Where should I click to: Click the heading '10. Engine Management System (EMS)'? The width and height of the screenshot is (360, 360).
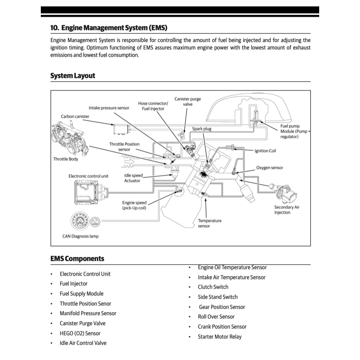click(x=109, y=28)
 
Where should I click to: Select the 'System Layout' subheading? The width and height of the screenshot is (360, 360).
click(x=73, y=76)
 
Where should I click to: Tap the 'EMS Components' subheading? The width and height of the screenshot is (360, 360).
click(x=77, y=259)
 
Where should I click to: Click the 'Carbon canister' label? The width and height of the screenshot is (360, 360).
click(x=75, y=117)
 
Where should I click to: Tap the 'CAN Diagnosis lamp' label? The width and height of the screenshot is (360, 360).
click(x=81, y=236)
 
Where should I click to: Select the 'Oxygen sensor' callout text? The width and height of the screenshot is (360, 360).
click(x=269, y=168)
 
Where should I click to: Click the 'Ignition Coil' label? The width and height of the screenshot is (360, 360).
click(x=265, y=151)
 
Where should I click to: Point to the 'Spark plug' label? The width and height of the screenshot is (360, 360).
click(x=202, y=129)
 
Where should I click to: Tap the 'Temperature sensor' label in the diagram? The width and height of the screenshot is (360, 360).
click(x=209, y=223)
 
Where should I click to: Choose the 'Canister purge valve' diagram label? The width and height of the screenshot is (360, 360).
click(x=187, y=102)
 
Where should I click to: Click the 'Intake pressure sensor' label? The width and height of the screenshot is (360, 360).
click(x=109, y=108)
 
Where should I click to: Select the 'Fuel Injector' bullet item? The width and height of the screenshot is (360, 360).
click(x=73, y=284)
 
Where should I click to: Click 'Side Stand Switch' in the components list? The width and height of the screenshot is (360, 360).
click(x=217, y=297)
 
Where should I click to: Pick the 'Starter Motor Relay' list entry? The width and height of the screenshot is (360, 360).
click(x=219, y=337)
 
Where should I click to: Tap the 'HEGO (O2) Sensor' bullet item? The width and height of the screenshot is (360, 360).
click(x=80, y=333)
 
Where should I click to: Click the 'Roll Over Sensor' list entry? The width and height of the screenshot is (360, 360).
click(x=216, y=317)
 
